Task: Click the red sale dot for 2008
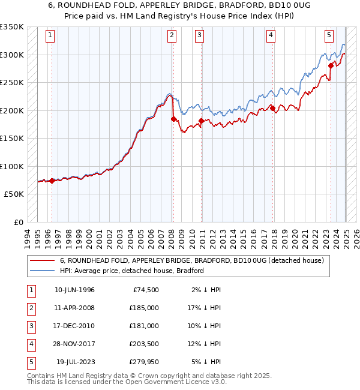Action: tap(173, 119)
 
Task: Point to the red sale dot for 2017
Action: tap(272, 109)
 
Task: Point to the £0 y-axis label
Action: tap(18, 222)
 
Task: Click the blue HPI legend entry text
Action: tap(132, 271)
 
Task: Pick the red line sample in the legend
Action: tap(42, 260)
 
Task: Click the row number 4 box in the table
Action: tap(31, 344)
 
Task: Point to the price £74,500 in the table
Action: tap(146, 290)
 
